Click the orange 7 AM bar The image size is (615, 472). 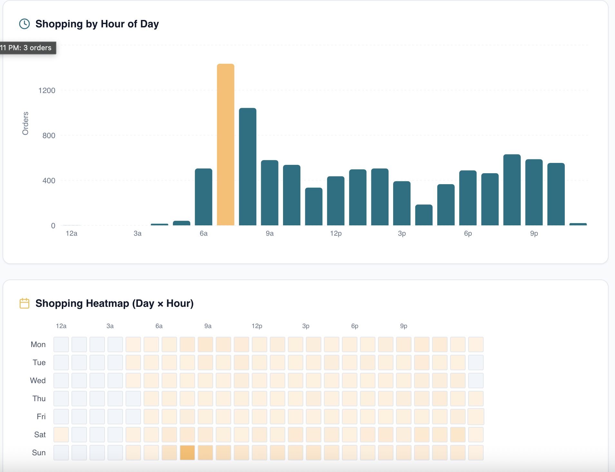pyautogui.click(x=225, y=145)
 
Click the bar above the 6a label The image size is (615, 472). pyautogui.click(x=203, y=197)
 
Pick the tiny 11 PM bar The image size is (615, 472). pyautogui.click(x=578, y=224)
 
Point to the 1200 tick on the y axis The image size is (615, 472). pyautogui.click(x=47, y=90)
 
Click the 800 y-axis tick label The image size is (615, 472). pyautogui.click(x=49, y=136)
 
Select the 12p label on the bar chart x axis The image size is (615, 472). pyautogui.click(x=336, y=233)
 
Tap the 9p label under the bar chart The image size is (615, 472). pyautogui.click(x=534, y=233)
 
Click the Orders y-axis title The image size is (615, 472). pyautogui.click(x=25, y=123)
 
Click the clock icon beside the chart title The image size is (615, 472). pyautogui.click(x=24, y=24)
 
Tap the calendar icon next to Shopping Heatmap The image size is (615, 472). pyautogui.click(x=24, y=303)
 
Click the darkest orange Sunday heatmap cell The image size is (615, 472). pyautogui.click(x=187, y=452)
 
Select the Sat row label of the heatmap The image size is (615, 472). pyautogui.click(x=40, y=435)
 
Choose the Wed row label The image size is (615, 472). pyautogui.click(x=38, y=381)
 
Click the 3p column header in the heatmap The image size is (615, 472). pyautogui.click(x=306, y=326)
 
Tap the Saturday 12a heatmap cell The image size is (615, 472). pyautogui.click(x=61, y=435)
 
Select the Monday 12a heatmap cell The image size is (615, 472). pyautogui.click(x=61, y=345)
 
